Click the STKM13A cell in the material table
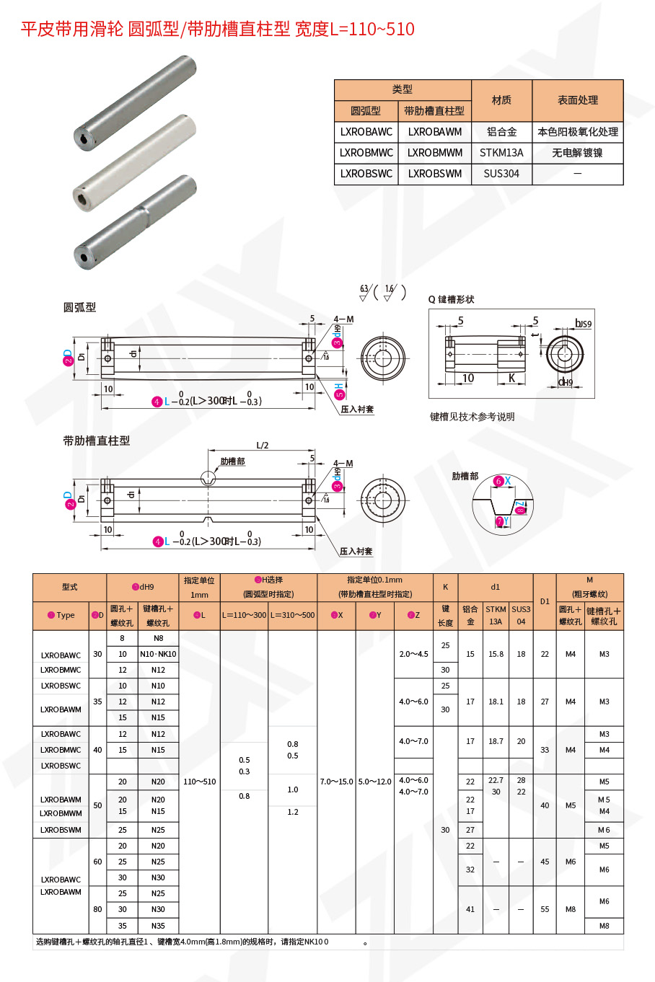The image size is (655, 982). pos(501,153)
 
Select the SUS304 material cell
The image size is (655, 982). pos(501,174)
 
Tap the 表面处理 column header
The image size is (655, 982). pos(577,100)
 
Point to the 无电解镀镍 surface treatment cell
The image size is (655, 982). pos(577,153)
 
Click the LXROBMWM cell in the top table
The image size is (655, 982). pos(434,153)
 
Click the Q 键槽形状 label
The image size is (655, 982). pos(452,299)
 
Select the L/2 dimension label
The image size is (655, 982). pos(263,446)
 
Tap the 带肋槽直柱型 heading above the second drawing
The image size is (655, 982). pos(97,441)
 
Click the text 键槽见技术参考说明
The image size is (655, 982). pos(472,417)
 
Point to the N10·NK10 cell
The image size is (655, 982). pos(158,654)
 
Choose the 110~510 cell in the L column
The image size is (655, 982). pos(200,782)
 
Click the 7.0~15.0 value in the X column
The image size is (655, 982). pos(336,782)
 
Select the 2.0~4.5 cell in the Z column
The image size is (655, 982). pos(413,654)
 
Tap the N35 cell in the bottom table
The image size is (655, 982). pos(158,926)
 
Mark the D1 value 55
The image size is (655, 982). pos(545,909)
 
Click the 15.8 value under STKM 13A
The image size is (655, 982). pos(496,654)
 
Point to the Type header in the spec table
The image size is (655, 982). pos(62,615)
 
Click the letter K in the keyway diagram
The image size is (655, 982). pos(511,379)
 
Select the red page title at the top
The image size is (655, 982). pos(217,29)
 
